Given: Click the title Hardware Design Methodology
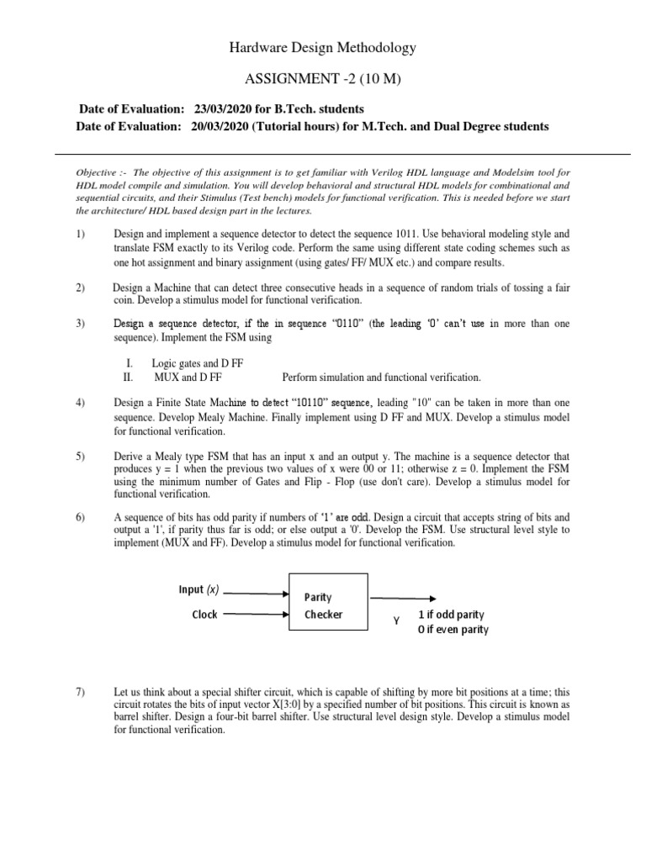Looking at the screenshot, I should [323, 49].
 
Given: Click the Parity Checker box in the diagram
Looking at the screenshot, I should [328, 606].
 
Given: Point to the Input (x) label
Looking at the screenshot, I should [199, 590].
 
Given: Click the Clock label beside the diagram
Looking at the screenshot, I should [204, 615].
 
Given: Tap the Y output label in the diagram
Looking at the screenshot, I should [394, 621].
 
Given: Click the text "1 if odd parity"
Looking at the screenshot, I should [451, 615].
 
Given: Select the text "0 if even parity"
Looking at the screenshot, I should [453, 630].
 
